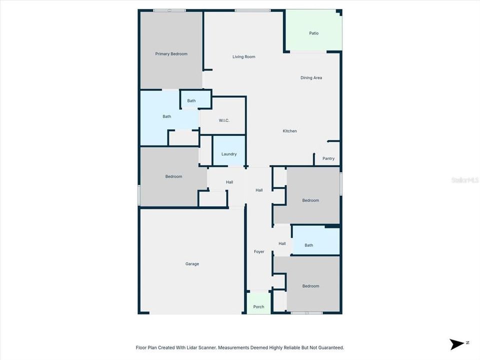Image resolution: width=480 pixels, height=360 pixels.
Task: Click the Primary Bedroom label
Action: pyautogui.click(x=171, y=54)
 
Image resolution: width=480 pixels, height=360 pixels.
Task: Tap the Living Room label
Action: pyautogui.click(x=243, y=57)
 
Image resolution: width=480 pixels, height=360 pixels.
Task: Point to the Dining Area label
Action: pyautogui.click(x=311, y=78)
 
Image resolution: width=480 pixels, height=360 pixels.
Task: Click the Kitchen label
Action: pyautogui.click(x=290, y=131)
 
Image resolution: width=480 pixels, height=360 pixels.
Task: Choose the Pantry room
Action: pyautogui.click(x=328, y=158)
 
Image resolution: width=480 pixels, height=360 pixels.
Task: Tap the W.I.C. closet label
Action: pyautogui.click(x=223, y=120)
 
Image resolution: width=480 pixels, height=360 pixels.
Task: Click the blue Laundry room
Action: pyautogui.click(x=229, y=154)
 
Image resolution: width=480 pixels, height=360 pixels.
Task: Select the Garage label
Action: pyautogui.click(x=192, y=264)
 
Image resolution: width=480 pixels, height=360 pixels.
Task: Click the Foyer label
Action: pyautogui.click(x=259, y=251)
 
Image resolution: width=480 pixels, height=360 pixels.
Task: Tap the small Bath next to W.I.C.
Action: pyautogui.click(x=191, y=101)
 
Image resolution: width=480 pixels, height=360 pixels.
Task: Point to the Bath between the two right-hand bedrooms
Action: pyautogui.click(x=309, y=245)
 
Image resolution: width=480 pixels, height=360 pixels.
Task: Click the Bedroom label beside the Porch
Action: pyautogui.click(x=310, y=286)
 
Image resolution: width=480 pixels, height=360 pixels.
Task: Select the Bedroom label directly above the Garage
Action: pyautogui.click(x=173, y=176)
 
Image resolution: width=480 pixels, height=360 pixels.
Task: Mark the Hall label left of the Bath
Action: pyautogui.click(x=282, y=243)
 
